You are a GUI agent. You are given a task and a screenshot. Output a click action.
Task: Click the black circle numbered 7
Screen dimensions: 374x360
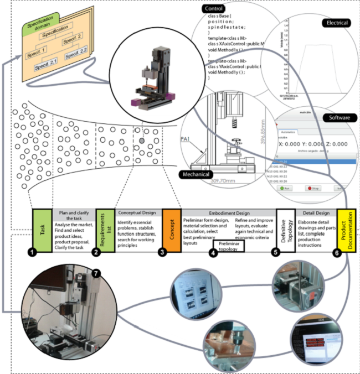coord(96,273)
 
